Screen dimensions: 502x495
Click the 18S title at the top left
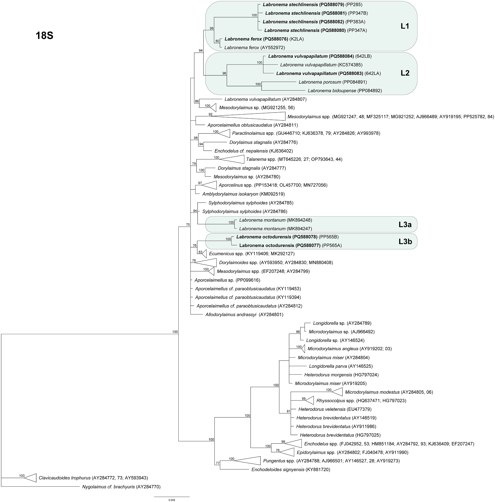point(44,36)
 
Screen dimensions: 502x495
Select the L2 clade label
point(405,73)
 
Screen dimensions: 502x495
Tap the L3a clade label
point(405,224)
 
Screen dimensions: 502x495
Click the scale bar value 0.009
point(171,500)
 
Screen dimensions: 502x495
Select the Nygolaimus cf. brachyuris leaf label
point(121,487)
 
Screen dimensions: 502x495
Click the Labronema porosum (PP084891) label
point(332,82)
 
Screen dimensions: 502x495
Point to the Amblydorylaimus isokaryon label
point(243,194)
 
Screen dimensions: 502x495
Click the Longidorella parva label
point(340,366)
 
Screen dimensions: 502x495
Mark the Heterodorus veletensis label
point(335,409)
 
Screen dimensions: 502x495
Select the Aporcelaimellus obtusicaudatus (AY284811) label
point(252,125)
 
